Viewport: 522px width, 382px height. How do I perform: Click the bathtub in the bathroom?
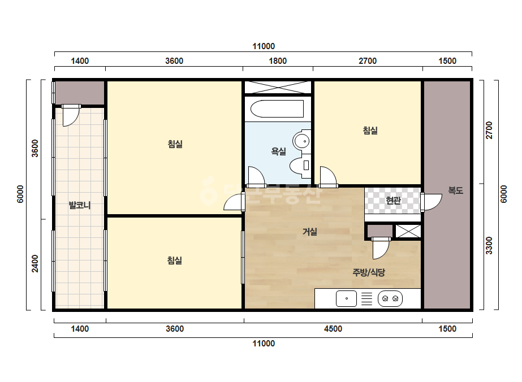pos(277,108)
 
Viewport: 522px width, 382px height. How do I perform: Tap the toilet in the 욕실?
pos(300,165)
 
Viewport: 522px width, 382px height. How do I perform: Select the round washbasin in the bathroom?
pos(302,141)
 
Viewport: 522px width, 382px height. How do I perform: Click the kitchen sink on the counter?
pos(346,298)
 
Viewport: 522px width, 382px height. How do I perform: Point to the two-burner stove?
pos(390,298)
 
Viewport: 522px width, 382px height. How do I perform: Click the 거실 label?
pos(309,232)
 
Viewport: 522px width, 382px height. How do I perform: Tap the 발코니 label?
pos(80,205)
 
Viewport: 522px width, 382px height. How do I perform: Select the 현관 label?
pos(393,200)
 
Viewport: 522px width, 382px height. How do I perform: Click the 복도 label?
pos(455,190)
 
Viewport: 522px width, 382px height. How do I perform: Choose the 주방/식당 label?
pos(369,272)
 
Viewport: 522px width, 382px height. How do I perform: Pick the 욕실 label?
pos(279,151)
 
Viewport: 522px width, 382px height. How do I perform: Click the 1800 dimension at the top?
pos(278,61)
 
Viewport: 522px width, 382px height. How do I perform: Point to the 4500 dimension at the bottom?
pos(333,329)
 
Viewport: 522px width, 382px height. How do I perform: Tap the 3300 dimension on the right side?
pos(489,246)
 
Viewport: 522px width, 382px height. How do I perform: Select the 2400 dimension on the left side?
pos(35,263)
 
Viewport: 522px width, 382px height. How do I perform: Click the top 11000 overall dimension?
pos(264,46)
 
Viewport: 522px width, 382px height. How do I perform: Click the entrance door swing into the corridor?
pos(432,202)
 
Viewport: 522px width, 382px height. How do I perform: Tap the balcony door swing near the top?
pos(71,116)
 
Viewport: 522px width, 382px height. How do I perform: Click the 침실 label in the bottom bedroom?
pos(174,260)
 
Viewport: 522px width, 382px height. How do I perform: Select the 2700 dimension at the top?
pos(368,61)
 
